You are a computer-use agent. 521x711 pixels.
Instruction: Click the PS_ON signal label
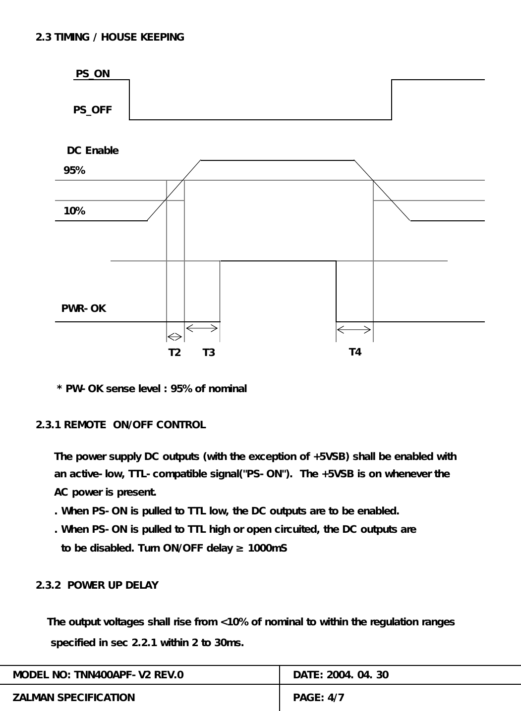coord(93,74)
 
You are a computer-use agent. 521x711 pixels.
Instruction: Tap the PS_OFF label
coord(93,110)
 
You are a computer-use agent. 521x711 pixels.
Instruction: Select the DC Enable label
coord(93,151)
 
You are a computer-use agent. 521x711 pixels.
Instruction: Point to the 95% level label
coord(74,171)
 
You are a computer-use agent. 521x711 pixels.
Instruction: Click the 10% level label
coord(74,211)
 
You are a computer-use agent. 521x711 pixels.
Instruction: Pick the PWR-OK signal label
coord(83,308)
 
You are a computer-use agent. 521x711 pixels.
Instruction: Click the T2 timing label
coord(174,353)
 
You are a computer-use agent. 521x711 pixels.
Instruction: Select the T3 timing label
coord(209,353)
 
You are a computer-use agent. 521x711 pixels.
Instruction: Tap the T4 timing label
coord(355,352)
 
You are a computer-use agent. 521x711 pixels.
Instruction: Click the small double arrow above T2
coord(175,337)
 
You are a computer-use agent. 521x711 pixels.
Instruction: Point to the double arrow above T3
coord(202,327)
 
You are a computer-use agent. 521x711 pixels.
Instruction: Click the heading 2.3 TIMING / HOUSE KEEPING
coord(110,37)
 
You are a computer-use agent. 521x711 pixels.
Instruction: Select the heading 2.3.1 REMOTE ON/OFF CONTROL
coord(121,425)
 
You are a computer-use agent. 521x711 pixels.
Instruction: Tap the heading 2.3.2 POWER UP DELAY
coord(97,585)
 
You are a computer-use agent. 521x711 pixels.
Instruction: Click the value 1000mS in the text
coord(267,548)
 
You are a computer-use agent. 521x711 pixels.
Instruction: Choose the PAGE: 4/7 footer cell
coord(319,698)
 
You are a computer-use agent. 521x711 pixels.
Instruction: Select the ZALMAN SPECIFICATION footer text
coord(73,698)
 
